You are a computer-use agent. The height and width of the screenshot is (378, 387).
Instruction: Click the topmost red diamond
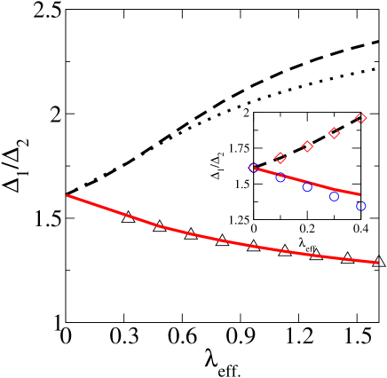(x=361, y=118)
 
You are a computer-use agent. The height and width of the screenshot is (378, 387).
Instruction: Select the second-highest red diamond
(x=334, y=133)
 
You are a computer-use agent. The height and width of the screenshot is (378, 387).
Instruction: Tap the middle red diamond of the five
(x=307, y=146)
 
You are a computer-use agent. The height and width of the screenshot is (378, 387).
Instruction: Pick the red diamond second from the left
(x=280, y=158)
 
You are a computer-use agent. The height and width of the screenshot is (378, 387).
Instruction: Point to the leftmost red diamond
(x=254, y=168)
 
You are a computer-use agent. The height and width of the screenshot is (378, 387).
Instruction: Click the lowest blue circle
(x=361, y=207)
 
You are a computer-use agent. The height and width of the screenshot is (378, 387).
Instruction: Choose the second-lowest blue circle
(x=334, y=197)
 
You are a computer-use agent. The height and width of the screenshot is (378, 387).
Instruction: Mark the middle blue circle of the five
(x=307, y=187)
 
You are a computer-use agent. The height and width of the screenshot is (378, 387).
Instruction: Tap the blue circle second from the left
(x=280, y=177)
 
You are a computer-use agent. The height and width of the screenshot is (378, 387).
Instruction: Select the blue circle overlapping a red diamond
(x=253, y=168)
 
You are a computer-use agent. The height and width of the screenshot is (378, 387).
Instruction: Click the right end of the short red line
(x=359, y=194)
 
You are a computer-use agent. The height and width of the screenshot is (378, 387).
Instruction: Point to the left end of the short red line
(x=254, y=168)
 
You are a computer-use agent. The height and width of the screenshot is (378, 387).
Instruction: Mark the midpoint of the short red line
(x=307, y=180)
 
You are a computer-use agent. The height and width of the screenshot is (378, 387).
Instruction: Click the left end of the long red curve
(x=67, y=195)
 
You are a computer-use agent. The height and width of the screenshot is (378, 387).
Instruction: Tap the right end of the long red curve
(x=378, y=263)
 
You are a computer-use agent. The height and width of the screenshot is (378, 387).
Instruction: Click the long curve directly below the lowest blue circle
(x=361, y=261)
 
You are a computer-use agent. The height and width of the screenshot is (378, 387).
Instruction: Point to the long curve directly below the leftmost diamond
(x=254, y=246)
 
